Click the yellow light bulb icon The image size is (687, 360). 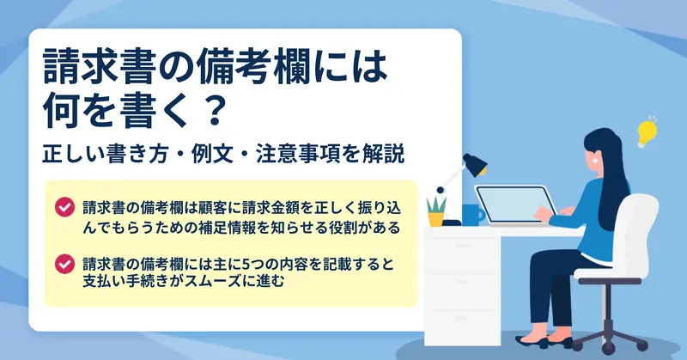point(647,132)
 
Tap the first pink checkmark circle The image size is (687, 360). point(65,207)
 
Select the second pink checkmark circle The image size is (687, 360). point(65,264)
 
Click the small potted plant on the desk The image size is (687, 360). point(436,211)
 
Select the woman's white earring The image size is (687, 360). point(595,161)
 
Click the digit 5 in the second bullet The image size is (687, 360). point(246,265)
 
